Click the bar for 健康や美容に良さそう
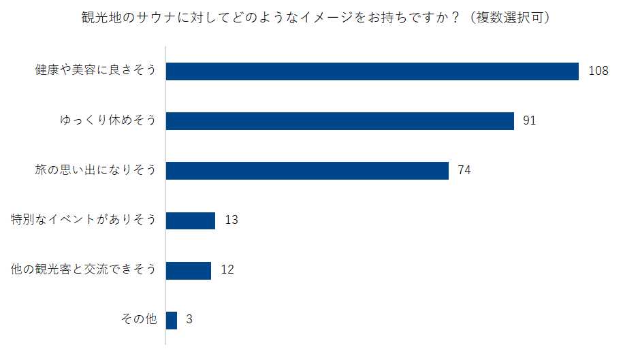click(372, 71)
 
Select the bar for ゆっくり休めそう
click(340, 121)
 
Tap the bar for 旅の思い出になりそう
click(307, 171)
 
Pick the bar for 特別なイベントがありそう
click(191, 220)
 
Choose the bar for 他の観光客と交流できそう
click(189, 270)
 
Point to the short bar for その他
click(172, 320)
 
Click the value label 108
click(598, 71)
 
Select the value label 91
click(530, 121)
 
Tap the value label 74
click(464, 171)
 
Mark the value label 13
click(231, 220)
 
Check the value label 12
click(227, 270)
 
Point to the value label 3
click(189, 320)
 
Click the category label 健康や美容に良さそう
click(95, 71)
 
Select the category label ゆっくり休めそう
click(108, 121)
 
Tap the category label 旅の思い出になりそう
click(95, 171)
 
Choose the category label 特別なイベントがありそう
click(84, 220)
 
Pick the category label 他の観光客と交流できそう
click(84, 270)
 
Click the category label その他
click(138, 320)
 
